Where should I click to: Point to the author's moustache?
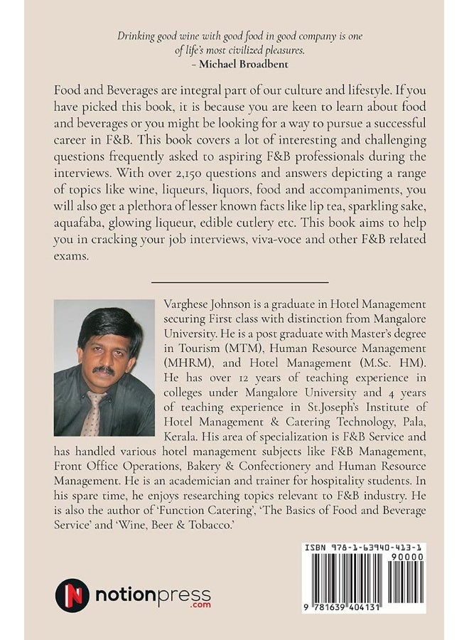[x=104, y=370]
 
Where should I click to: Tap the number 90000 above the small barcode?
[x=409, y=558]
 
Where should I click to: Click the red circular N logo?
[x=72, y=594]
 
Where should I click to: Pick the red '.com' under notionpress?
[x=197, y=607]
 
